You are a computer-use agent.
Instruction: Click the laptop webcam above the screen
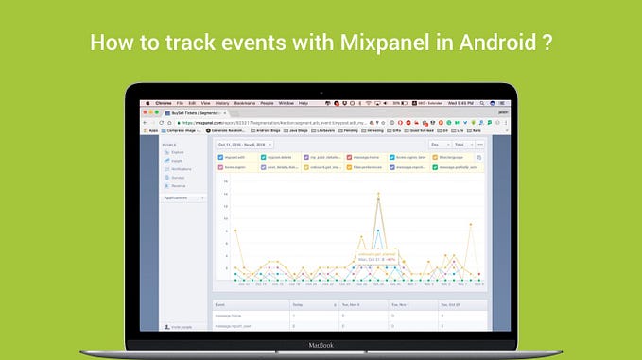click(321, 93)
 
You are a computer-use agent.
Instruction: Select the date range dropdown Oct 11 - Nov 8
click(242, 144)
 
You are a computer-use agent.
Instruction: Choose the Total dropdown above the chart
click(461, 144)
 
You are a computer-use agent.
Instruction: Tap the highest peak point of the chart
click(379, 196)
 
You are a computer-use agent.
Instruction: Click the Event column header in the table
click(221, 306)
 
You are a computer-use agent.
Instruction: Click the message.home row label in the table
click(231, 317)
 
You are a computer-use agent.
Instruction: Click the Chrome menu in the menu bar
click(162, 102)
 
